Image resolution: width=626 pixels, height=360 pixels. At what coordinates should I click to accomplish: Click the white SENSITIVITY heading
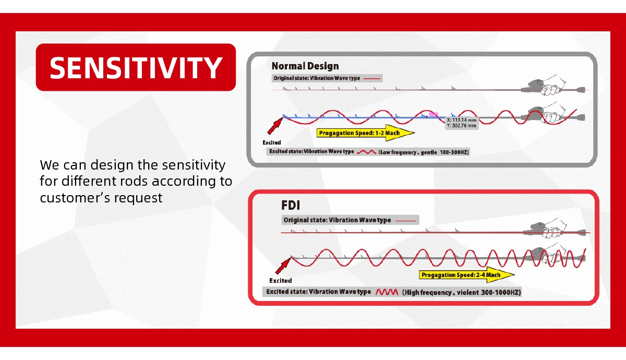tap(136, 67)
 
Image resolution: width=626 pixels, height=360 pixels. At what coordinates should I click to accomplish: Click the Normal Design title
tap(305, 66)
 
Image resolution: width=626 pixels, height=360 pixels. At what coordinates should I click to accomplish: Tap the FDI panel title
tap(291, 206)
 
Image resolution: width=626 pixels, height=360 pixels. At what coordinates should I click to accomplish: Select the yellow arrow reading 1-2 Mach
tap(366, 133)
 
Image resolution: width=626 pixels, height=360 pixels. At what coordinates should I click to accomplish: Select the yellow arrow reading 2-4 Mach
tap(467, 275)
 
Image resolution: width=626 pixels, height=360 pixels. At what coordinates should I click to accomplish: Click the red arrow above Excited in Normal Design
tap(275, 126)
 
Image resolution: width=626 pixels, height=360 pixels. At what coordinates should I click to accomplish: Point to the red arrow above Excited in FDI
tap(283, 266)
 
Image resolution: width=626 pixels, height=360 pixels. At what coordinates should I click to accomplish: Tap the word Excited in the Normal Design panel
tap(272, 142)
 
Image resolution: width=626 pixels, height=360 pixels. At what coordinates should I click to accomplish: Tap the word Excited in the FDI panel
tap(280, 281)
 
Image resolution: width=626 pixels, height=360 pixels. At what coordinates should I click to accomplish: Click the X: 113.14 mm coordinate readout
tap(461, 120)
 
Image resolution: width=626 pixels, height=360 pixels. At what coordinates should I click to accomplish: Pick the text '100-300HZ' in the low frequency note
tap(453, 152)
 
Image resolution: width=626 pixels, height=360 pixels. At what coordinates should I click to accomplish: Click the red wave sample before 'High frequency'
tap(387, 292)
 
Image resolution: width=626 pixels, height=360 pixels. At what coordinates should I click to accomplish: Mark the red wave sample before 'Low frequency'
tap(366, 152)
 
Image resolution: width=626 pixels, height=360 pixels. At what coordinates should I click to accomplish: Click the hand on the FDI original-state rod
tap(555, 228)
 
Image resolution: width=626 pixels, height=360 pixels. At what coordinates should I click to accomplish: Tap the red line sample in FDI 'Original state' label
tap(406, 221)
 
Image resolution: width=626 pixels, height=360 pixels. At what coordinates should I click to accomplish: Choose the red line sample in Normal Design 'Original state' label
tap(372, 79)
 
